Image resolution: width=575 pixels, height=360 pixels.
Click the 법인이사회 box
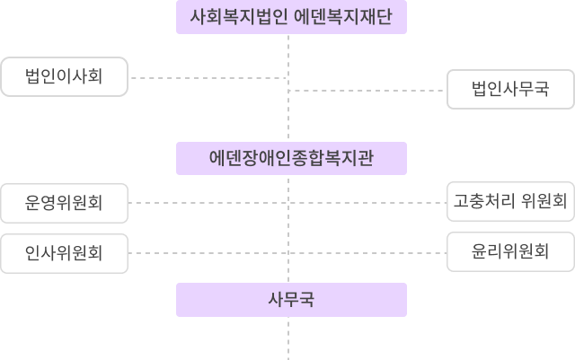64,76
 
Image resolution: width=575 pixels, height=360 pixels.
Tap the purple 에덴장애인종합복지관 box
291,158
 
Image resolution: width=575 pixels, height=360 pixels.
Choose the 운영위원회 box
64,202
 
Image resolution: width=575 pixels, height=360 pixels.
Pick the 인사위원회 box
64,252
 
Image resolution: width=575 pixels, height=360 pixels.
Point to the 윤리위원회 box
509,252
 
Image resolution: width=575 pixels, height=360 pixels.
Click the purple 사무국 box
291,300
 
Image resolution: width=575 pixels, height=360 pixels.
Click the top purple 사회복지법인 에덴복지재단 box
291,16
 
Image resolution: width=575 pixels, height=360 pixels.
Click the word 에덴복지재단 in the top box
342,16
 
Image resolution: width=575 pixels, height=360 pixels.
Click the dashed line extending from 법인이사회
207,78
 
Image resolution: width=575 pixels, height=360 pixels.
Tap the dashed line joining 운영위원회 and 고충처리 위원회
207,202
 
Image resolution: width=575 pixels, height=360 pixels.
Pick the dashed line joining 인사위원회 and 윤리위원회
207,253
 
